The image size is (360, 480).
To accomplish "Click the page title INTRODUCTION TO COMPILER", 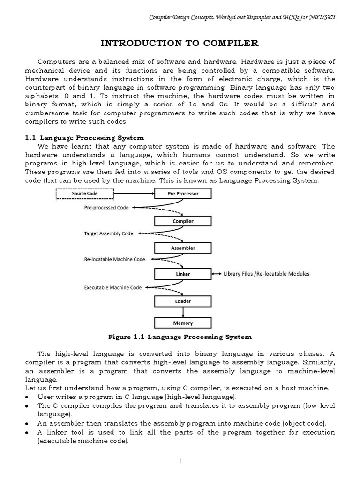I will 180,44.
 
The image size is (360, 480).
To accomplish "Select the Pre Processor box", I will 183,194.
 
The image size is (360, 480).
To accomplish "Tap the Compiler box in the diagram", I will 183,221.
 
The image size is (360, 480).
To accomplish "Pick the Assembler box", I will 183,248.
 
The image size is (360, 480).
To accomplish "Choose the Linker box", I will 183,274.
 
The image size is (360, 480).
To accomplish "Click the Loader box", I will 183,301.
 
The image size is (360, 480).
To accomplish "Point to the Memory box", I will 183,323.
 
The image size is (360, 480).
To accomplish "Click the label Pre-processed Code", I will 107,207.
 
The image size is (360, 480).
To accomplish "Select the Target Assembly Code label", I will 108,233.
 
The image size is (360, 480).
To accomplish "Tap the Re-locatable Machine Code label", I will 115,259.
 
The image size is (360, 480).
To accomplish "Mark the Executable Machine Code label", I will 113,287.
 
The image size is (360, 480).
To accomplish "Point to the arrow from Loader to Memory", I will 183,312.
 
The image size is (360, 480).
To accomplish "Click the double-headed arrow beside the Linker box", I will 217,274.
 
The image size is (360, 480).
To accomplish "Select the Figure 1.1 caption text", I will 180,337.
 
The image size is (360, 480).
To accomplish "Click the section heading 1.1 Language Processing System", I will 84,138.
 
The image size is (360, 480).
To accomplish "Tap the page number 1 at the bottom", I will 180,462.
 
